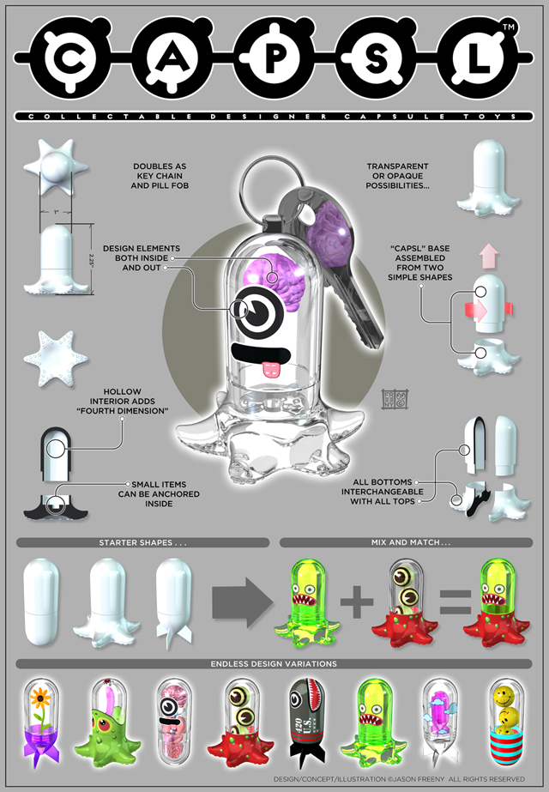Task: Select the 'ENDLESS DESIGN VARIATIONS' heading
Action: [x=274, y=664]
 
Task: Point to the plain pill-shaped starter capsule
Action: [x=44, y=601]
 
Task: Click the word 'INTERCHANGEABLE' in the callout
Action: [x=382, y=493]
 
